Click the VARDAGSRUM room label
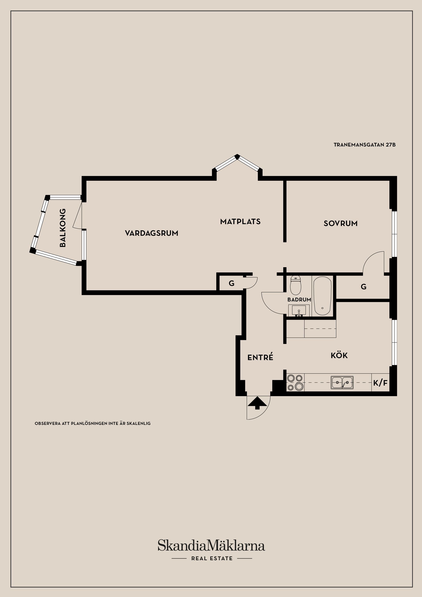[x=152, y=233]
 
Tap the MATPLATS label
[x=240, y=222]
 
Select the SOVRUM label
[x=340, y=223]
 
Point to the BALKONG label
[x=63, y=228]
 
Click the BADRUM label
[x=299, y=300]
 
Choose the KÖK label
[x=339, y=355]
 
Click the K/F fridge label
[x=380, y=383]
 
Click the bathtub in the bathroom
[x=322, y=296]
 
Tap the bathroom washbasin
[x=299, y=310]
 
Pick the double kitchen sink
[x=342, y=382]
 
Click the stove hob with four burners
[x=295, y=382]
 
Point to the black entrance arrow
[x=257, y=403]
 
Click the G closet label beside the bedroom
[x=364, y=287]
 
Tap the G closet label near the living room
[x=231, y=283]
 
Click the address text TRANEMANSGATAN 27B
[x=365, y=145]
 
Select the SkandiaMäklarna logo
[x=211, y=546]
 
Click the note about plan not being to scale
[x=93, y=423]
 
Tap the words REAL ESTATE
[x=212, y=558]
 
